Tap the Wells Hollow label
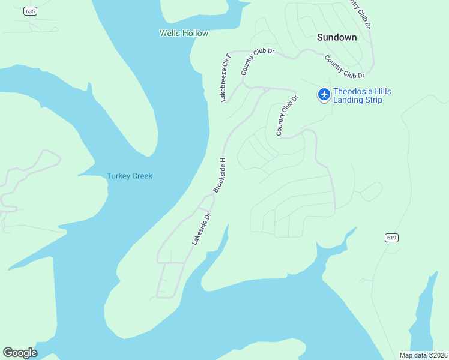pyautogui.click(x=184, y=33)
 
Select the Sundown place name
pyautogui.click(x=337, y=37)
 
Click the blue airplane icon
pyautogui.click(x=324, y=94)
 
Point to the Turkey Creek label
pyautogui.click(x=130, y=176)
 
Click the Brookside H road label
pyautogui.click(x=220, y=175)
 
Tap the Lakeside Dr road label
pyautogui.click(x=202, y=229)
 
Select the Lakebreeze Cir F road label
pyautogui.click(x=226, y=78)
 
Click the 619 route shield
pyautogui.click(x=392, y=238)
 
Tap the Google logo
pyautogui.click(x=20, y=353)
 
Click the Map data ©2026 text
pyautogui.click(x=423, y=355)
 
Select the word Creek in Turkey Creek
pyautogui.click(x=142, y=176)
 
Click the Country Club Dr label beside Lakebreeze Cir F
pyautogui.click(x=258, y=62)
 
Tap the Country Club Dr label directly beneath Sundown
pyautogui.click(x=345, y=67)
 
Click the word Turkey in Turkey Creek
pyautogui.click(x=118, y=176)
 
